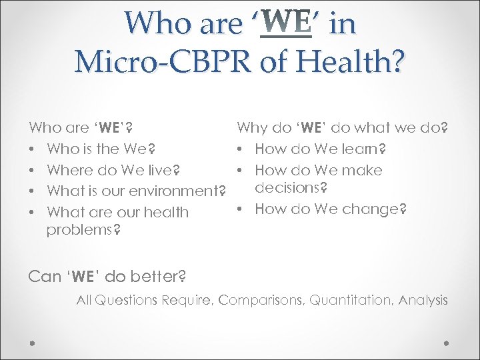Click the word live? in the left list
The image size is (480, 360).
(163, 170)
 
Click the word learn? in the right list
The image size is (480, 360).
(370, 149)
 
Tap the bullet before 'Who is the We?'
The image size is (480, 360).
(32, 149)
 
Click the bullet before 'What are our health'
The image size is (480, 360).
(32, 213)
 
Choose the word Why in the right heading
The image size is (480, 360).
(252, 127)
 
